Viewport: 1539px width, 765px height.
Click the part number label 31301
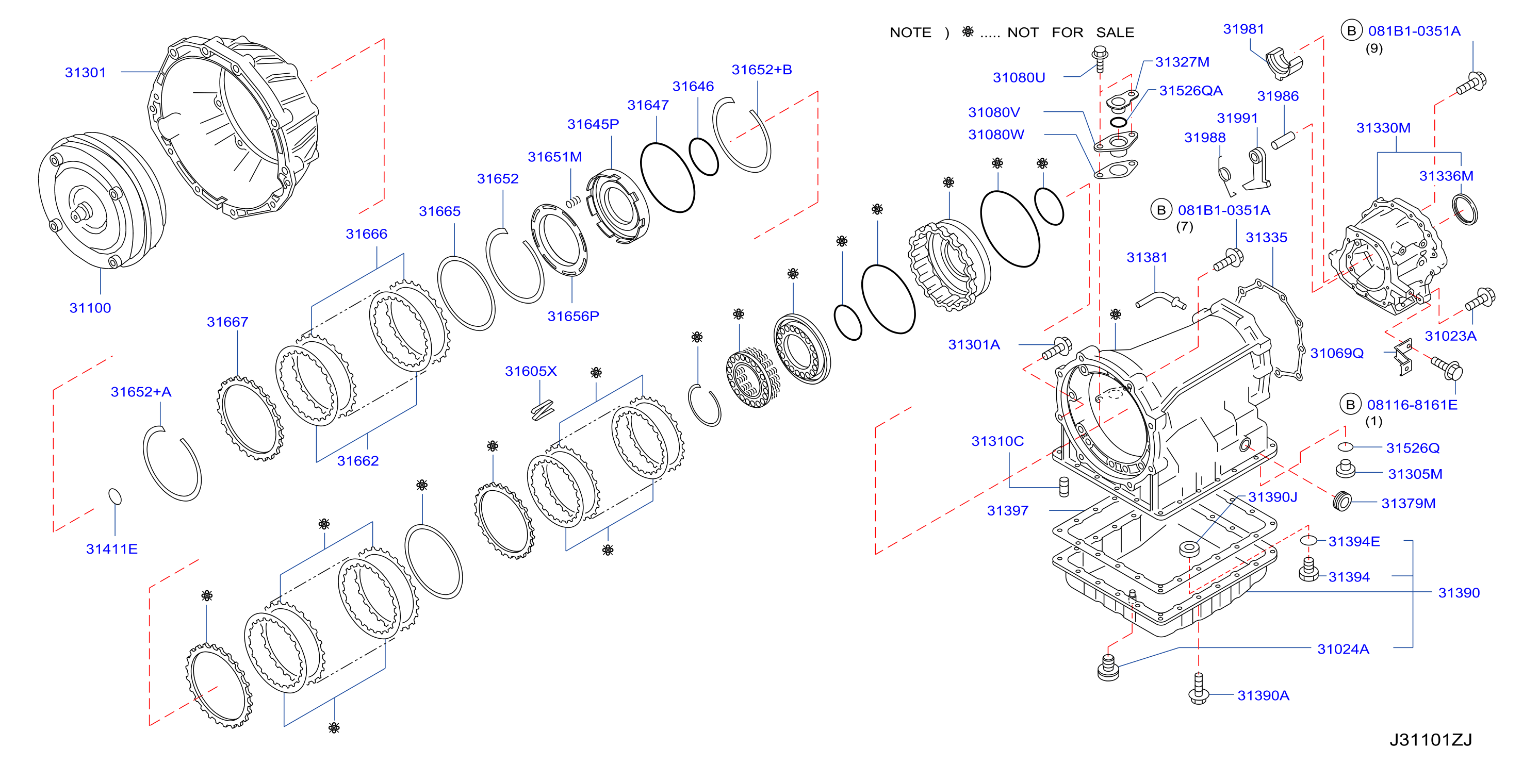tap(86, 72)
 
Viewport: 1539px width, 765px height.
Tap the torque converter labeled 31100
tap(102, 201)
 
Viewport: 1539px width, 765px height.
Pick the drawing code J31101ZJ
tap(1430, 740)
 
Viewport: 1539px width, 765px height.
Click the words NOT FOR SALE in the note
tap(1071, 32)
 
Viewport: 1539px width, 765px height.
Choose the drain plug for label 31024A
tap(1108, 668)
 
